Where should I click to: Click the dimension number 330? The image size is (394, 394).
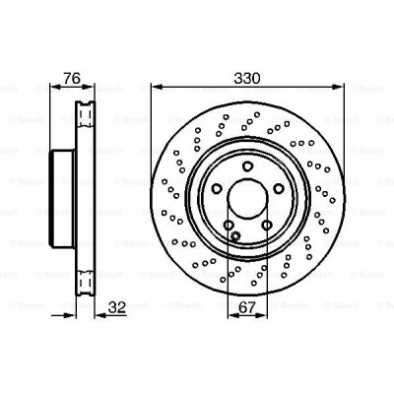pyautogui.click(x=247, y=79)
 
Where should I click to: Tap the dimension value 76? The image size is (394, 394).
pyautogui.click(x=72, y=79)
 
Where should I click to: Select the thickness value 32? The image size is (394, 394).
pyautogui.click(x=117, y=307)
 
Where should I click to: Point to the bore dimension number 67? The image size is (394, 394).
pyautogui.click(x=247, y=307)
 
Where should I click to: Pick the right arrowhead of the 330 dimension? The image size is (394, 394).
pyautogui.click(x=337, y=87)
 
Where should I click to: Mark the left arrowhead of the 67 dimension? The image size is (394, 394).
pyautogui.click(x=233, y=315)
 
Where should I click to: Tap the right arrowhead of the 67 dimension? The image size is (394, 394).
pyautogui.click(x=261, y=315)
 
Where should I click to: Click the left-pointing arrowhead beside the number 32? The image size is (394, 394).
pyautogui.click(x=100, y=315)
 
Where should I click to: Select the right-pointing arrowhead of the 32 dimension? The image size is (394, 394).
pyautogui.click(x=70, y=315)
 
